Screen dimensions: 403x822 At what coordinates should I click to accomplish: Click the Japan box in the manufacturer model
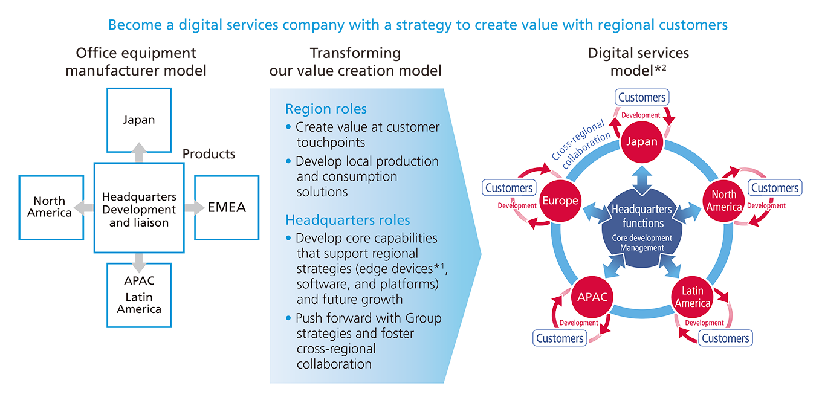coord(139,120)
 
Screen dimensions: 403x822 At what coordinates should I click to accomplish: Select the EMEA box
coord(227,208)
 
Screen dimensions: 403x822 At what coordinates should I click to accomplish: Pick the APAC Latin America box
coord(139,296)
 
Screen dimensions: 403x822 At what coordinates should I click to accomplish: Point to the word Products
coord(209,154)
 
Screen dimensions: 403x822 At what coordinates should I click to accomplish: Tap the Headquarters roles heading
coord(348,219)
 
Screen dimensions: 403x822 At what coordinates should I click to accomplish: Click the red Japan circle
coord(642,143)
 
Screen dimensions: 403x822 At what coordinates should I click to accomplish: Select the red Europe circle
coord(560,201)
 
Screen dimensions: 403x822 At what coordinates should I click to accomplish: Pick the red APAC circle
coord(592,297)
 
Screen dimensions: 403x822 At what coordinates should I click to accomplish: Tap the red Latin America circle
coord(692,297)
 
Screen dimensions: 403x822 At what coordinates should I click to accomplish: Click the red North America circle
coord(723,201)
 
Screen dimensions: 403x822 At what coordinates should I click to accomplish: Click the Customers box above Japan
coord(642,97)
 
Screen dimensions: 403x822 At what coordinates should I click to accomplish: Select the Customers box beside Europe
coord(509,188)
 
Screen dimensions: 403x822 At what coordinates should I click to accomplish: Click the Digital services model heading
coord(638,61)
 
